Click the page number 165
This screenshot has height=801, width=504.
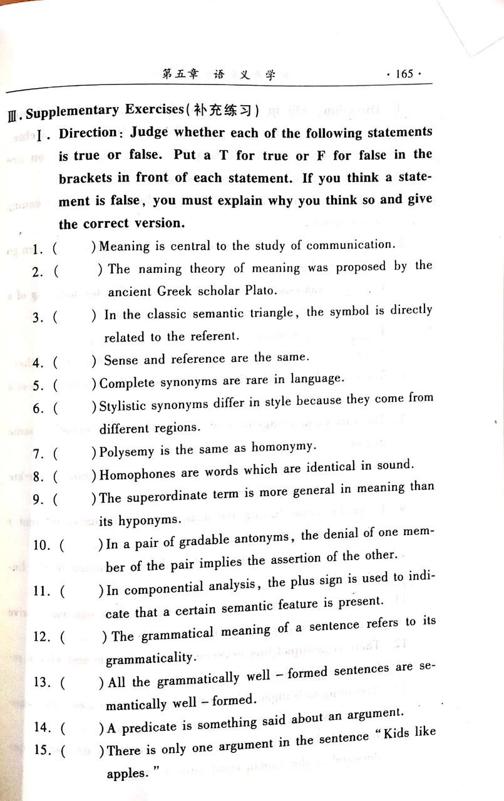[x=404, y=74]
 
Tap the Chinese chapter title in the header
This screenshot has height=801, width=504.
[x=219, y=74]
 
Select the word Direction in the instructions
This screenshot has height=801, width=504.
[x=88, y=135]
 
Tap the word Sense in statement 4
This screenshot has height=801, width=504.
[x=120, y=360]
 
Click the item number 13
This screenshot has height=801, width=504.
[x=42, y=682]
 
